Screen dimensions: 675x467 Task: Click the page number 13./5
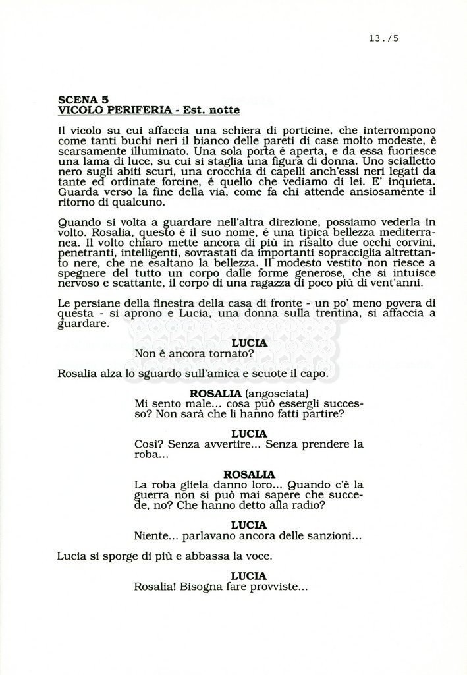click(x=384, y=38)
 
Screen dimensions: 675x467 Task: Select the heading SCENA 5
click(x=83, y=99)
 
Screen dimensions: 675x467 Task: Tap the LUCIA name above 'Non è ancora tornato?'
click(x=249, y=343)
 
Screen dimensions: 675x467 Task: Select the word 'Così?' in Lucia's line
click(x=149, y=444)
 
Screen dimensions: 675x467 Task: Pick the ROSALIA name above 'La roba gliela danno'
click(x=249, y=474)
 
